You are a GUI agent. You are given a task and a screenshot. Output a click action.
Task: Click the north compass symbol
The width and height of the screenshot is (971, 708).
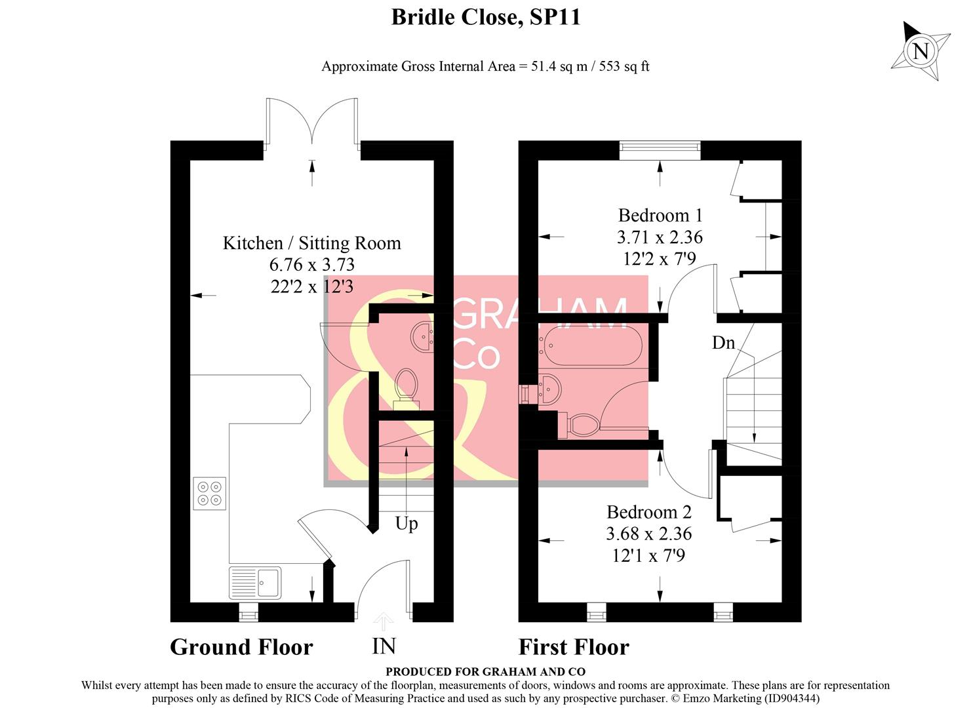[921, 50]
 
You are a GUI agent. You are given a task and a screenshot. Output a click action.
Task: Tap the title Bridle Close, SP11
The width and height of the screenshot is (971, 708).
[486, 17]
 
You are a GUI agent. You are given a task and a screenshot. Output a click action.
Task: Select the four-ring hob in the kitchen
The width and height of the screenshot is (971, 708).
[210, 494]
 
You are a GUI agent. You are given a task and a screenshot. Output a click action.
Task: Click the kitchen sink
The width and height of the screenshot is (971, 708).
[255, 583]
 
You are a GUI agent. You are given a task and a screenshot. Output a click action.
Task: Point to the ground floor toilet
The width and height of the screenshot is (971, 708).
[406, 386]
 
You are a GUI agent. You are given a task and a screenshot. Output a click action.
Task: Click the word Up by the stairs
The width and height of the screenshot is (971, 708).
[406, 524]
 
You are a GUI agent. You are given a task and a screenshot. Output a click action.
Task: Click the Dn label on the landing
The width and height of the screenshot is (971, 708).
[723, 343]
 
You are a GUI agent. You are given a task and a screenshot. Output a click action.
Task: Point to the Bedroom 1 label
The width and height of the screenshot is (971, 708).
[660, 216]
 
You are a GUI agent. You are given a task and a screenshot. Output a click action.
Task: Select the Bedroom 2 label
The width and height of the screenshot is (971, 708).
[648, 512]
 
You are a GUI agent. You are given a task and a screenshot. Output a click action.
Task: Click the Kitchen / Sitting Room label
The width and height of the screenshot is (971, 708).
[311, 243]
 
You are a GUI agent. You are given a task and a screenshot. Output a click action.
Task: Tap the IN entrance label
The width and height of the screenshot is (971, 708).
[384, 646]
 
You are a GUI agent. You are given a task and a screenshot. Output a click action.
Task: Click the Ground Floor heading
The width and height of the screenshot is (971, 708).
[241, 647]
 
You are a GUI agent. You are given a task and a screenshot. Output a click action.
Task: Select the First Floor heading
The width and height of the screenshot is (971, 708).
[574, 647]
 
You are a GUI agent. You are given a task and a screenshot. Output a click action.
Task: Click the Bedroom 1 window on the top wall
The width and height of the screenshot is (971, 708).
[660, 150]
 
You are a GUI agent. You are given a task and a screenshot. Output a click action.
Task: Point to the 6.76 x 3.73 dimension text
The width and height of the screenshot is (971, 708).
[311, 265]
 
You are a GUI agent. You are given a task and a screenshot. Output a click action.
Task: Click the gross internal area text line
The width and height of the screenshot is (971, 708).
[485, 66]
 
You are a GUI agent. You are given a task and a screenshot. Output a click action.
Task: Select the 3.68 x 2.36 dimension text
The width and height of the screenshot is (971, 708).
[648, 534]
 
